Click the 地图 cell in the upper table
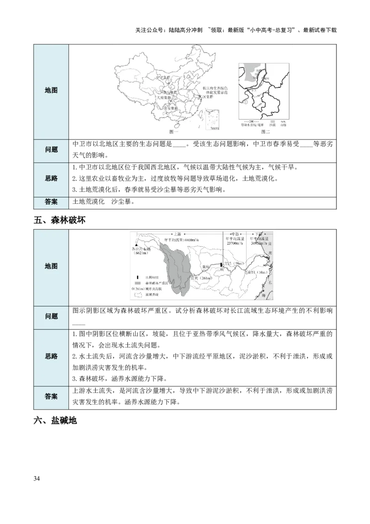coord(51,91)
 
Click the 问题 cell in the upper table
coord(51,150)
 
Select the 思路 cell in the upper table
coord(51,179)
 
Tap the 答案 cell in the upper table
coord(51,202)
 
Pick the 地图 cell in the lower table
coord(51,266)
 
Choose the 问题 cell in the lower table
coord(51,317)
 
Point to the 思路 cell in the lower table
coord(51,356)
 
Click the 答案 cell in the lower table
coord(51,397)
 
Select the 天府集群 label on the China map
coord(163,98)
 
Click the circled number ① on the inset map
coord(245,101)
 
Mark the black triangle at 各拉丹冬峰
coord(136,245)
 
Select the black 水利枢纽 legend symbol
coord(137,276)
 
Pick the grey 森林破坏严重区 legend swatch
coord(138,282)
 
